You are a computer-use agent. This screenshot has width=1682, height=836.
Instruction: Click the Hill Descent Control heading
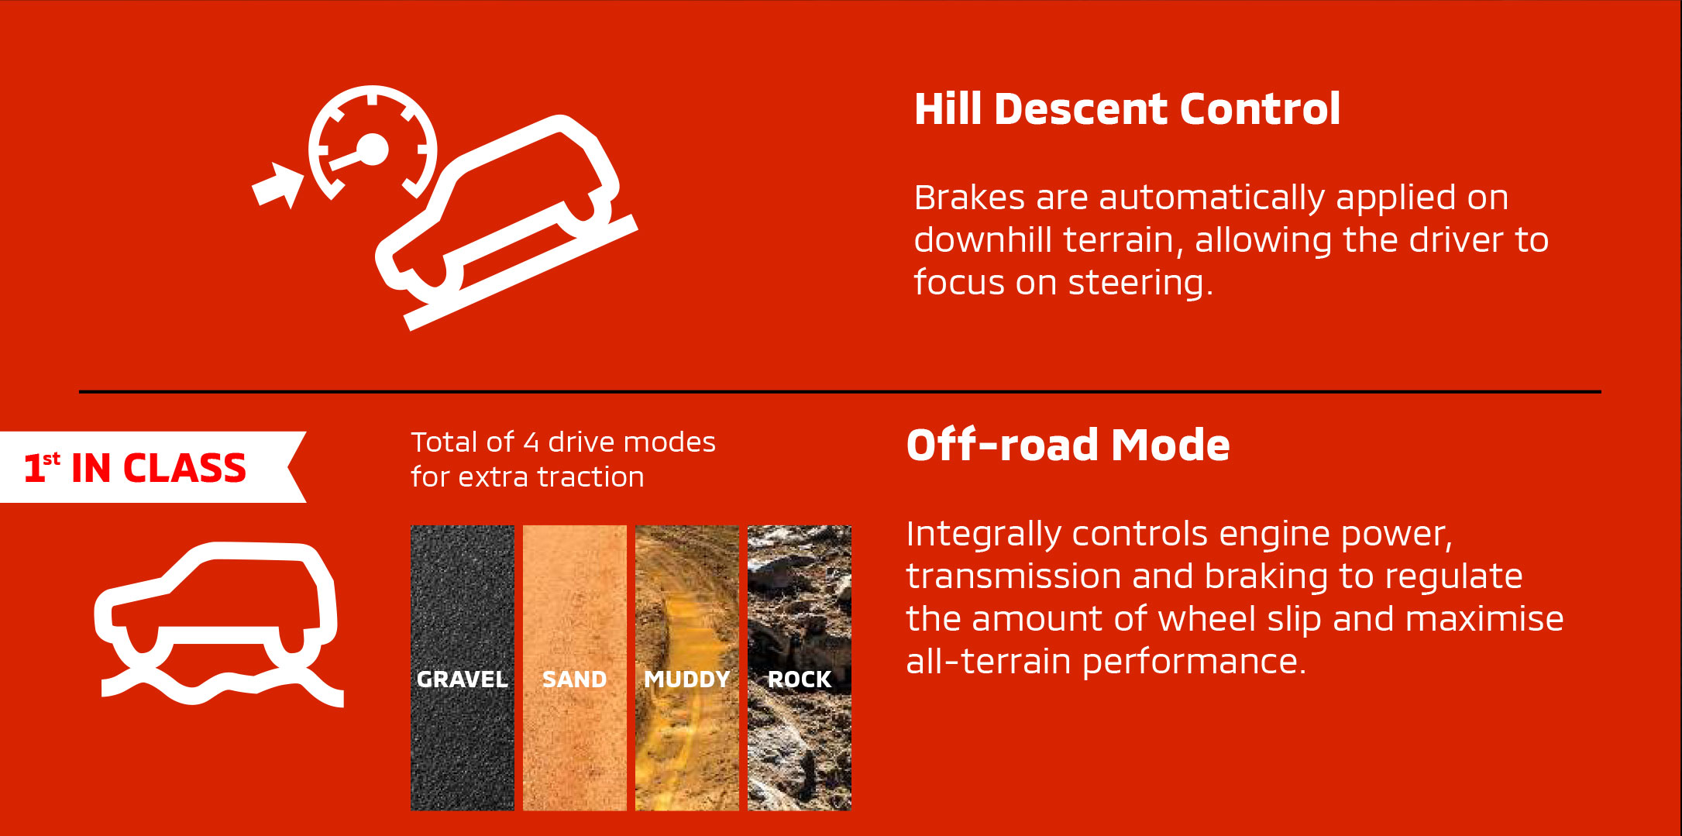pyautogui.click(x=1127, y=108)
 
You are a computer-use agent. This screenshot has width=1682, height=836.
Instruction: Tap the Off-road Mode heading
pyautogui.click(x=1068, y=445)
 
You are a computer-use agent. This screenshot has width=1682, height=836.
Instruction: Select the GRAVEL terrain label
pyautogui.click(x=462, y=679)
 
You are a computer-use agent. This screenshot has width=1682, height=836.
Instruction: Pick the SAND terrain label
pyautogui.click(x=574, y=679)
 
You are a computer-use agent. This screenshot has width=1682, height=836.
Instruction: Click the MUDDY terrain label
pyautogui.click(x=687, y=679)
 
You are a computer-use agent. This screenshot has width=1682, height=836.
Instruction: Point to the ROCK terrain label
pyautogui.click(x=800, y=679)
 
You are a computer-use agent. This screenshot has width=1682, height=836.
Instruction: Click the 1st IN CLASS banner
pyautogui.click(x=153, y=467)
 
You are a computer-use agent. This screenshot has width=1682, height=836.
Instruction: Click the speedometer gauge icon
pyautogui.click(x=373, y=144)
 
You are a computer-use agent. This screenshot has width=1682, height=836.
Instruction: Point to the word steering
pyautogui.click(x=1140, y=283)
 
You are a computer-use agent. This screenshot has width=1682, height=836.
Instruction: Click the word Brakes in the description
pyautogui.click(x=970, y=198)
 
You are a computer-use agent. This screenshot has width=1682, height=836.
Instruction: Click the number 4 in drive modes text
pyautogui.click(x=531, y=442)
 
